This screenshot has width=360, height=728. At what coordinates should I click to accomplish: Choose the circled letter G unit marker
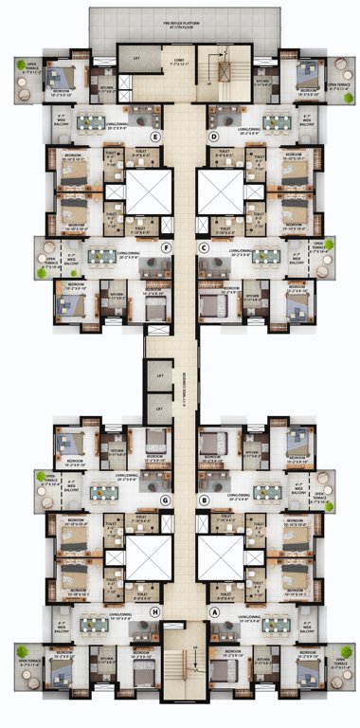[x=165, y=500]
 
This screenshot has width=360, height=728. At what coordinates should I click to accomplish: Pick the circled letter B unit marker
[x=203, y=500]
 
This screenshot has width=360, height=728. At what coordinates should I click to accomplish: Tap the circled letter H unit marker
[x=154, y=611]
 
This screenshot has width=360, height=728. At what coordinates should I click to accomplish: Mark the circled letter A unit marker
[x=214, y=611]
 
